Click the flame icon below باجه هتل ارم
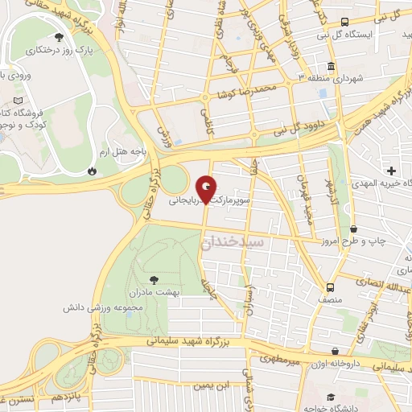pyautogui.click(x=93, y=171)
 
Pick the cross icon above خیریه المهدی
pyautogui.click(x=392, y=170)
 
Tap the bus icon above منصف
pyautogui.click(x=330, y=286)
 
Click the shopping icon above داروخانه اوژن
pyautogui.click(x=336, y=352)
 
